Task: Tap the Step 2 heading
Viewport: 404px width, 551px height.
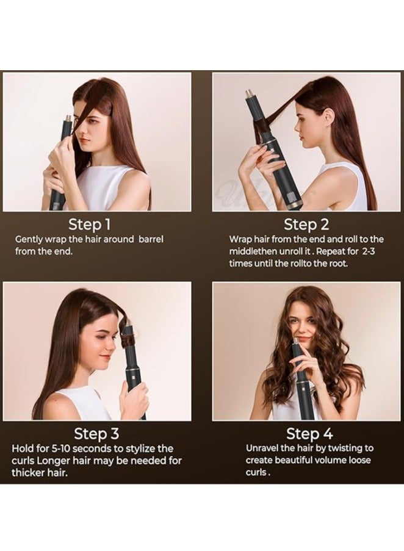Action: pos(306,223)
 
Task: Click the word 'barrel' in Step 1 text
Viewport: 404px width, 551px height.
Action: pos(149,239)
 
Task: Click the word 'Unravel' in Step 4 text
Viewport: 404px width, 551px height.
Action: pos(264,448)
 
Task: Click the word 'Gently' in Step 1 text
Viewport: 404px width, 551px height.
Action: pos(30,239)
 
